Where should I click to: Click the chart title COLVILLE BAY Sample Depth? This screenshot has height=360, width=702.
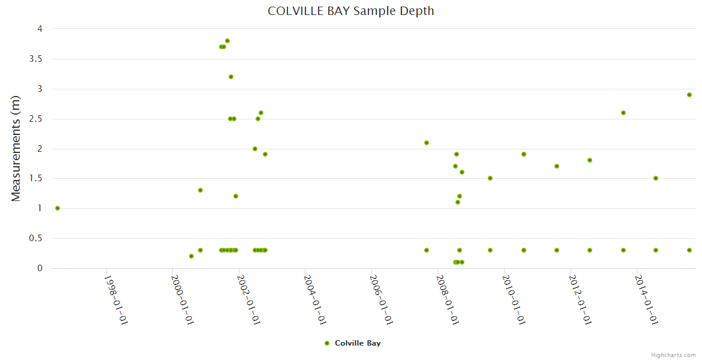click(x=350, y=11)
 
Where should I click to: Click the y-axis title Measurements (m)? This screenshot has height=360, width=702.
click(x=16, y=148)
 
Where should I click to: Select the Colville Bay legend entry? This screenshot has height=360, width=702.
click(x=352, y=343)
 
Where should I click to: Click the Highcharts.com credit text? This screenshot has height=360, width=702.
click(x=673, y=355)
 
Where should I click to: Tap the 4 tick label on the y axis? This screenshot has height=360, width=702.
click(x=40, y=29)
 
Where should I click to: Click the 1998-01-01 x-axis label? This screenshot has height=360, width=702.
click(x=116, y=299)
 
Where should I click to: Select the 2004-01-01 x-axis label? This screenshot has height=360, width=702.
click(x=315, y=299)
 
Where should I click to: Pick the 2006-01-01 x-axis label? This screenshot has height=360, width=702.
click(x=382, y=299)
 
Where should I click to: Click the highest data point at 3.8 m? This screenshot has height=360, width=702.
click(x=227, y=41)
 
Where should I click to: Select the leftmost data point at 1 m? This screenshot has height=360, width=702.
click(x=58, y=208)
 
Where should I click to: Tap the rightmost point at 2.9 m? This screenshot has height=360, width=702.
click(x=689, y=95)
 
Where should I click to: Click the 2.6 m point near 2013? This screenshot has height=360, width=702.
click(x=623, y=113)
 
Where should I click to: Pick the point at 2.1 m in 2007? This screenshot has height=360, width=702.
click(x=427, y=143)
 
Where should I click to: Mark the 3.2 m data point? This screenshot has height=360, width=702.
click(x=231, y=77)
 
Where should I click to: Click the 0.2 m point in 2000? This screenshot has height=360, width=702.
click(x=191, y=256)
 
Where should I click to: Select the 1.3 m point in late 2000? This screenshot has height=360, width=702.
click(x=200, y=190)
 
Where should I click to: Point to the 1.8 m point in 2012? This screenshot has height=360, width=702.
click(x=590, y=160)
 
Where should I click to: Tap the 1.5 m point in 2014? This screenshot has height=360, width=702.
click(x=656, y=178)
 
